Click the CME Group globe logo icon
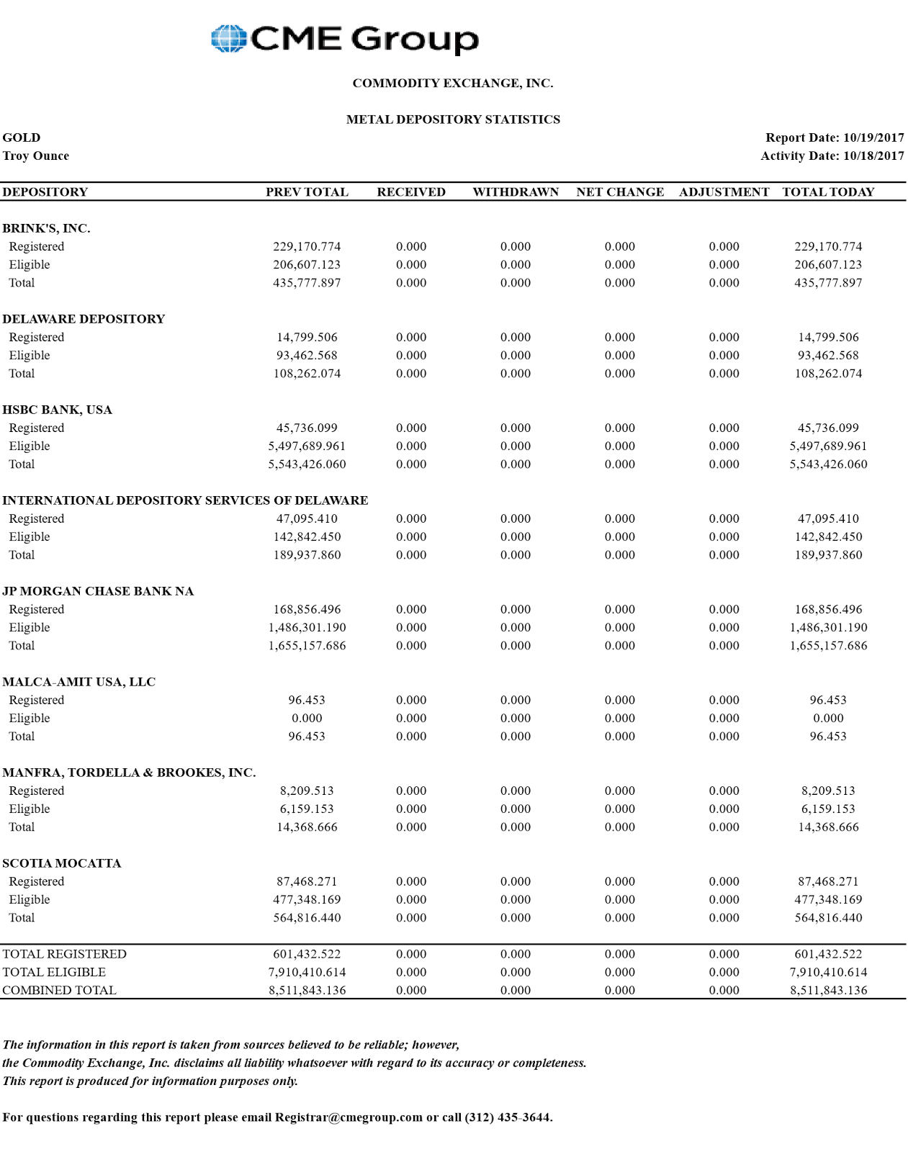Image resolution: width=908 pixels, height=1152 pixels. [229, 39]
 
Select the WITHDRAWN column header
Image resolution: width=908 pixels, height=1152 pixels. [516, 192]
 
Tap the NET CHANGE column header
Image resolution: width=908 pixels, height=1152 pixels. [620, 192]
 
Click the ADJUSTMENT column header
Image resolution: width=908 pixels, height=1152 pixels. [724, 192]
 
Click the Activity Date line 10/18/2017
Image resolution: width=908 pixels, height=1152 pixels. [832, 156]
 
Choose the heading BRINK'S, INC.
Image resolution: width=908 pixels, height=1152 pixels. [46, 228]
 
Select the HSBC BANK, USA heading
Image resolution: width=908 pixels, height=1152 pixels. [57, 410]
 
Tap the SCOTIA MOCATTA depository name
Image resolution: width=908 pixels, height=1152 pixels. [61, 863]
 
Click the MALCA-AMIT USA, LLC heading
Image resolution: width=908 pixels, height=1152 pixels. [78, 682]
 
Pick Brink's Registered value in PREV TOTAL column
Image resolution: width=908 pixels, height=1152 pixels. [307, 246]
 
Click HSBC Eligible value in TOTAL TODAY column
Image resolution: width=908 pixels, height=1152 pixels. [828, 446]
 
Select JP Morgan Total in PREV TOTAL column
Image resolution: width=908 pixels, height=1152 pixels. [307, 645]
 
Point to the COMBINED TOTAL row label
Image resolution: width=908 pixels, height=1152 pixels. [59, 990]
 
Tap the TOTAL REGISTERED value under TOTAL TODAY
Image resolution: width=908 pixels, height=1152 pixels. [828, 954]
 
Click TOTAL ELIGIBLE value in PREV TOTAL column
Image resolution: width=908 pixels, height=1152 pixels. [307, 972]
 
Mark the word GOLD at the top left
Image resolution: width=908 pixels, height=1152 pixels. [22, 138]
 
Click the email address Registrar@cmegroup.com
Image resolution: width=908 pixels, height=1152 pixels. [349, 1117]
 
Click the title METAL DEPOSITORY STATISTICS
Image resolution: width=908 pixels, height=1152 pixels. [453, 120]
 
